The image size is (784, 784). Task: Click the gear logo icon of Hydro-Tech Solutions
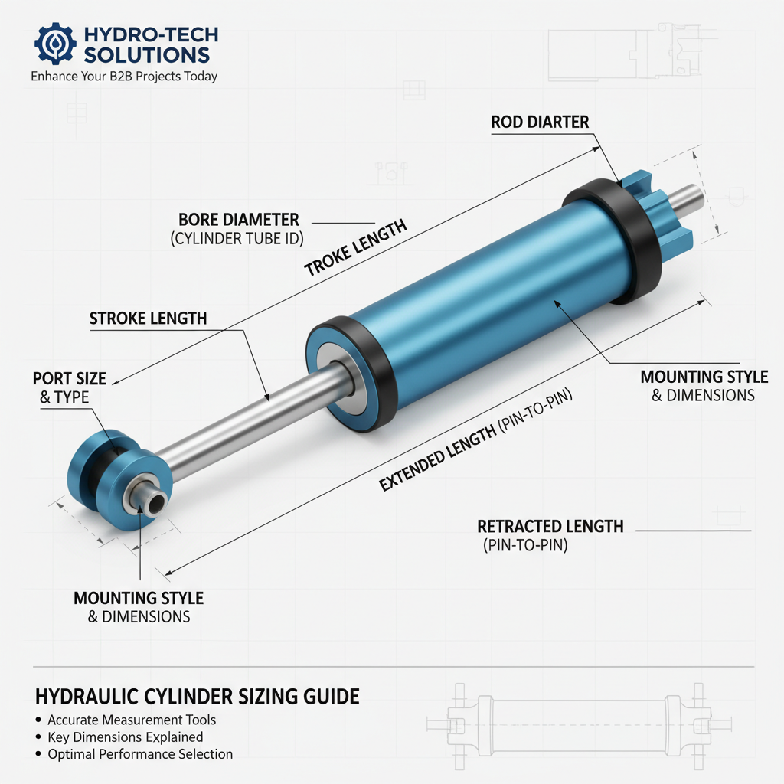tap(55, 44)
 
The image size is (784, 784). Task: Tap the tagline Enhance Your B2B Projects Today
tap(124, 77)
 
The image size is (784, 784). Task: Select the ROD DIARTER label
tap(540, 122)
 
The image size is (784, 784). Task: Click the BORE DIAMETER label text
tap(239, 220)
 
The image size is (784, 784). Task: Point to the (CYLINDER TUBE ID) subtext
tap(237, 239)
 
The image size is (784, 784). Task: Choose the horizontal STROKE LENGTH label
tap(148, 318)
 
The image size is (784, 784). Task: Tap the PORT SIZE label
tap(70, 378)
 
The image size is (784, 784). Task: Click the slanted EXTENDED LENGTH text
tap(437, 459)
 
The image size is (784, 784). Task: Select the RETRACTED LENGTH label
tap(550, 527)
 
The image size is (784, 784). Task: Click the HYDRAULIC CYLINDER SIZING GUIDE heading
tap(197, 697)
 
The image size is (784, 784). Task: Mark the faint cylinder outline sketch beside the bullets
tap(579, 725)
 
